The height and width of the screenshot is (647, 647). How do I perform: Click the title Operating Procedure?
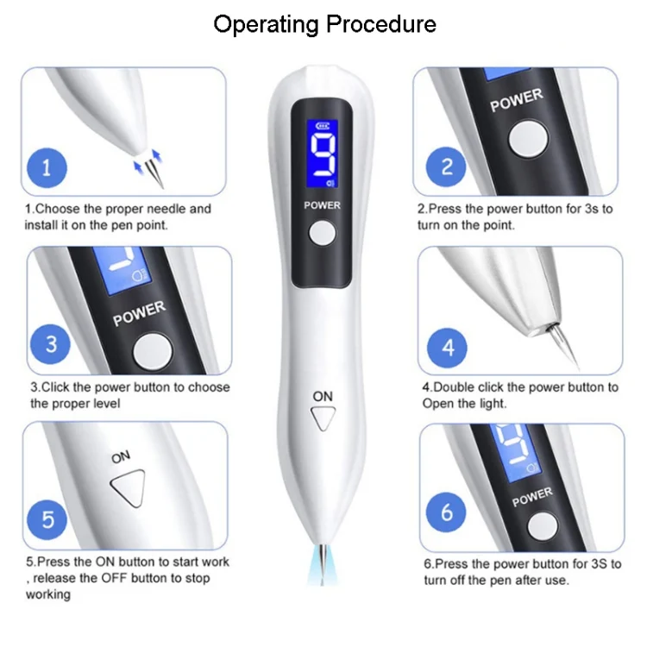click(x=324, y=23)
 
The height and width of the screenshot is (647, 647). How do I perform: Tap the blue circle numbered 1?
click(x=47, y=166)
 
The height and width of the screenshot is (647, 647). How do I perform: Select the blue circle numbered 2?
click(x=447, y=166)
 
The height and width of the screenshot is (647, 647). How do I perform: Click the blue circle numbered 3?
click(x=52, y=344)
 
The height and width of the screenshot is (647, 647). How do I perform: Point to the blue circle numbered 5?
click(x=48, y=520)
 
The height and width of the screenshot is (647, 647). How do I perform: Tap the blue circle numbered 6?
click(x=447, y=512)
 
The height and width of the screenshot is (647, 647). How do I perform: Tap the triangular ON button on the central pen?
click(x=323, y=418)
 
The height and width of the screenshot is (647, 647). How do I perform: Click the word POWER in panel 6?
click(x=532, y=498)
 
